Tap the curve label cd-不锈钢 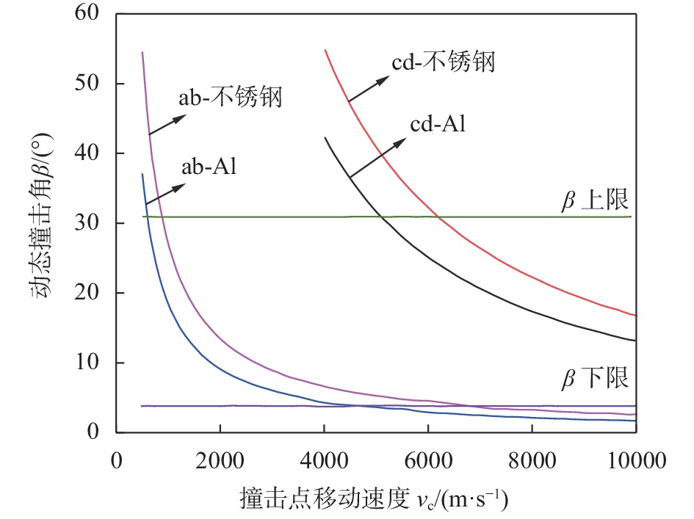443,62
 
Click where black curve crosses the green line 382,217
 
